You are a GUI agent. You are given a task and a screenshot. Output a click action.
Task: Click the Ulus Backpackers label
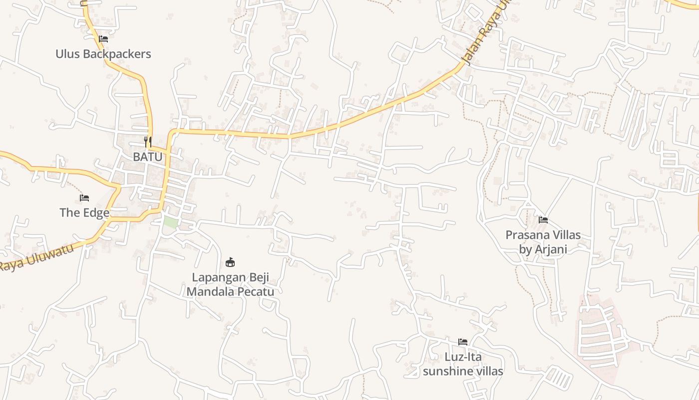tap(103, 53)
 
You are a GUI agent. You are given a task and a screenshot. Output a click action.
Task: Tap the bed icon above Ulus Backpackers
tap(103, 38)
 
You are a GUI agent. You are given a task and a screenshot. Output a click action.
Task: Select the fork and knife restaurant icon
tap(147, 141)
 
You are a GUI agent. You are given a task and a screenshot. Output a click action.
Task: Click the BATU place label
tap(147, 156)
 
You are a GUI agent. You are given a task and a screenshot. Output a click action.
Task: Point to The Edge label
tap(84, 212)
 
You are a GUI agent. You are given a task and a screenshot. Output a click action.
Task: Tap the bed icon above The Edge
tap(84, 198)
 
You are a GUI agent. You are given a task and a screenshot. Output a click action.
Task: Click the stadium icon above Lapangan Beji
tap(230, 261)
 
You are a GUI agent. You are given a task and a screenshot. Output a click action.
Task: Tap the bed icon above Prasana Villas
tap(543, 219)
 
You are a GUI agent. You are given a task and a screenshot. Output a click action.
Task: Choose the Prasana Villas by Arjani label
tap(543, 241)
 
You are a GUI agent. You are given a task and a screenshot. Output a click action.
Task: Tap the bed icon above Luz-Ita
tap(463, 342)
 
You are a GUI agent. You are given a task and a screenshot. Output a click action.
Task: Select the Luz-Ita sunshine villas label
tap(463, 364)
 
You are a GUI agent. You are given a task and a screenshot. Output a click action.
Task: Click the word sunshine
tap(448, 371)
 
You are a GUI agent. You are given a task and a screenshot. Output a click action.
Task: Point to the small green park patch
tap(171, 222)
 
